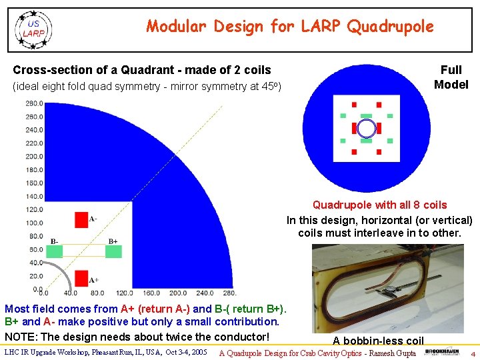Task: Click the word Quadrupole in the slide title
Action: [391, 27]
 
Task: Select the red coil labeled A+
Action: [81, 277]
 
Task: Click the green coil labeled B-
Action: [54, 251]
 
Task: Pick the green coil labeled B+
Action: [113, 251]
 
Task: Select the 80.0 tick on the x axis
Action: [97, 293]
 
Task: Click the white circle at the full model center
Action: [366, 128]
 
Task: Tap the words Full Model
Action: [451, 77]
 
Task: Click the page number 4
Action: [473, 353]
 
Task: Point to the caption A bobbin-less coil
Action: [378, 341]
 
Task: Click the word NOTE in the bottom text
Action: [20, 337]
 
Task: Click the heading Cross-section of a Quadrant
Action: [142, 70]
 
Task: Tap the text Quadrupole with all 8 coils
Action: [379, 205]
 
